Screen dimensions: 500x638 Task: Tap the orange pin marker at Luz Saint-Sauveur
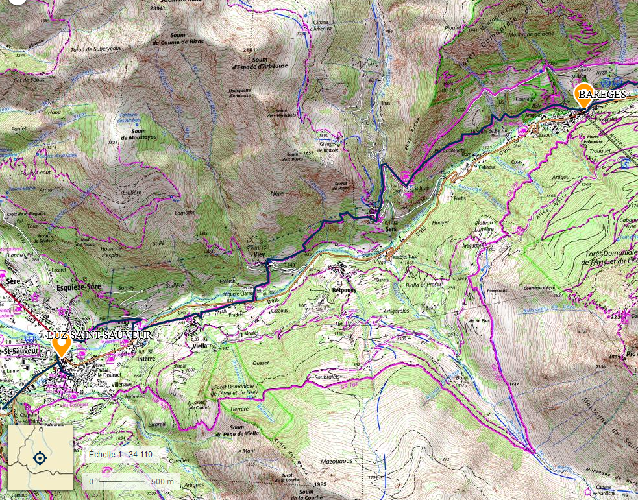(62, 344)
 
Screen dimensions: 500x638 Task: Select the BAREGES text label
(602, 95)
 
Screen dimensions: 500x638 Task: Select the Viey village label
(259, 255)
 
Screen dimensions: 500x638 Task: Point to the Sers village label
(391, 228)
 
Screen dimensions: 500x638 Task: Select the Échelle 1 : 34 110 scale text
(121, 454)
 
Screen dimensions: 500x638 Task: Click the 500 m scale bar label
(162, 481)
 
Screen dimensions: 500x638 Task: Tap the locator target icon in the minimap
(40, 458)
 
